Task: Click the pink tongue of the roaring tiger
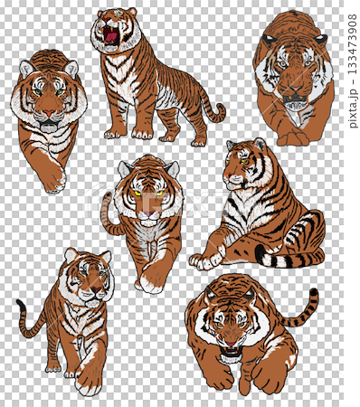click(111, 37)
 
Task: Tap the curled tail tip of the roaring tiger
click(220, 108)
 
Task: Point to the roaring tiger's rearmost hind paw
click(199, 142)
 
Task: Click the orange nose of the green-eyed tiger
click(49, 114)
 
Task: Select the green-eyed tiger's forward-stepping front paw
click(56, 181)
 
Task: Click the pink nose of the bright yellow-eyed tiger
click(148, 213)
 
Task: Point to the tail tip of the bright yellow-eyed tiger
click(106, 196)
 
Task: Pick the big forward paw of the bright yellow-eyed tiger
click(152, 279)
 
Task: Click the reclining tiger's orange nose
click(227, 175)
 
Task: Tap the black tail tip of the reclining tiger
click(261, 254)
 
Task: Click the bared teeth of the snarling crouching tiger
click(231, 351)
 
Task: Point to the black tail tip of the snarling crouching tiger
click(314, 292)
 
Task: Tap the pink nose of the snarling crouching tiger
click(231, 344)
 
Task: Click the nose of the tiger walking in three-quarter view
click(96, 289)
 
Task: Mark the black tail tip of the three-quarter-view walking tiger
click(21, 305)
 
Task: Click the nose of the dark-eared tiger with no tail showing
click(295, 90)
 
